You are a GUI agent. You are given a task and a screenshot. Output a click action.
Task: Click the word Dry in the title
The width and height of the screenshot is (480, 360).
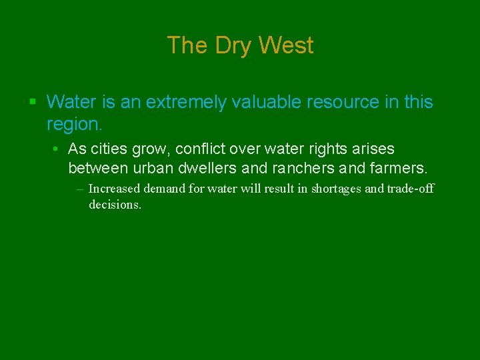pyautogui.click(x=235, y=46)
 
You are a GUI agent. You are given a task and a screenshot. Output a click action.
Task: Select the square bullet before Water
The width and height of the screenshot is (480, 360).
pyautogui.click(x=33, y=102)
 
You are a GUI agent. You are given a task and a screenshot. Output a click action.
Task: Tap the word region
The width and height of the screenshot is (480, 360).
pyautogui.click(x=73, y=124)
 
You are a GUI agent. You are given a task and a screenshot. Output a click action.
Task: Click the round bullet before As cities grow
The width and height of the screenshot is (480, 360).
pyautogui.click(x=59, y=149)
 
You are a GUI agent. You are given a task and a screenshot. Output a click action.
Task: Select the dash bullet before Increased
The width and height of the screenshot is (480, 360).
pyautogui.click(x=80, y=189)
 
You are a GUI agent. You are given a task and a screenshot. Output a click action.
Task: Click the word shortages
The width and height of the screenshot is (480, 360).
pyautogui.click(x=335, y=189)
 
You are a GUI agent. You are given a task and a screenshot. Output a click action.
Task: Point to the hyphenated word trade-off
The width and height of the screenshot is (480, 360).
pyautogui.click(x=409, y=189)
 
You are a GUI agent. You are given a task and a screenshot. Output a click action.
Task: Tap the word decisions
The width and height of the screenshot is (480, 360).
pyautogui.click(x=115, y=205)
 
